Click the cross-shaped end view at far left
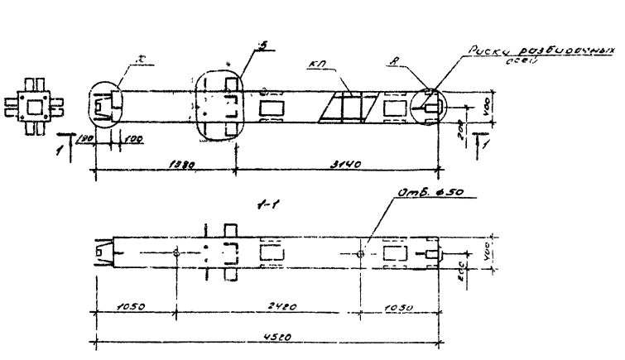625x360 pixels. point(35,105)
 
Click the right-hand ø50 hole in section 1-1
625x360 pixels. point(360,253)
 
